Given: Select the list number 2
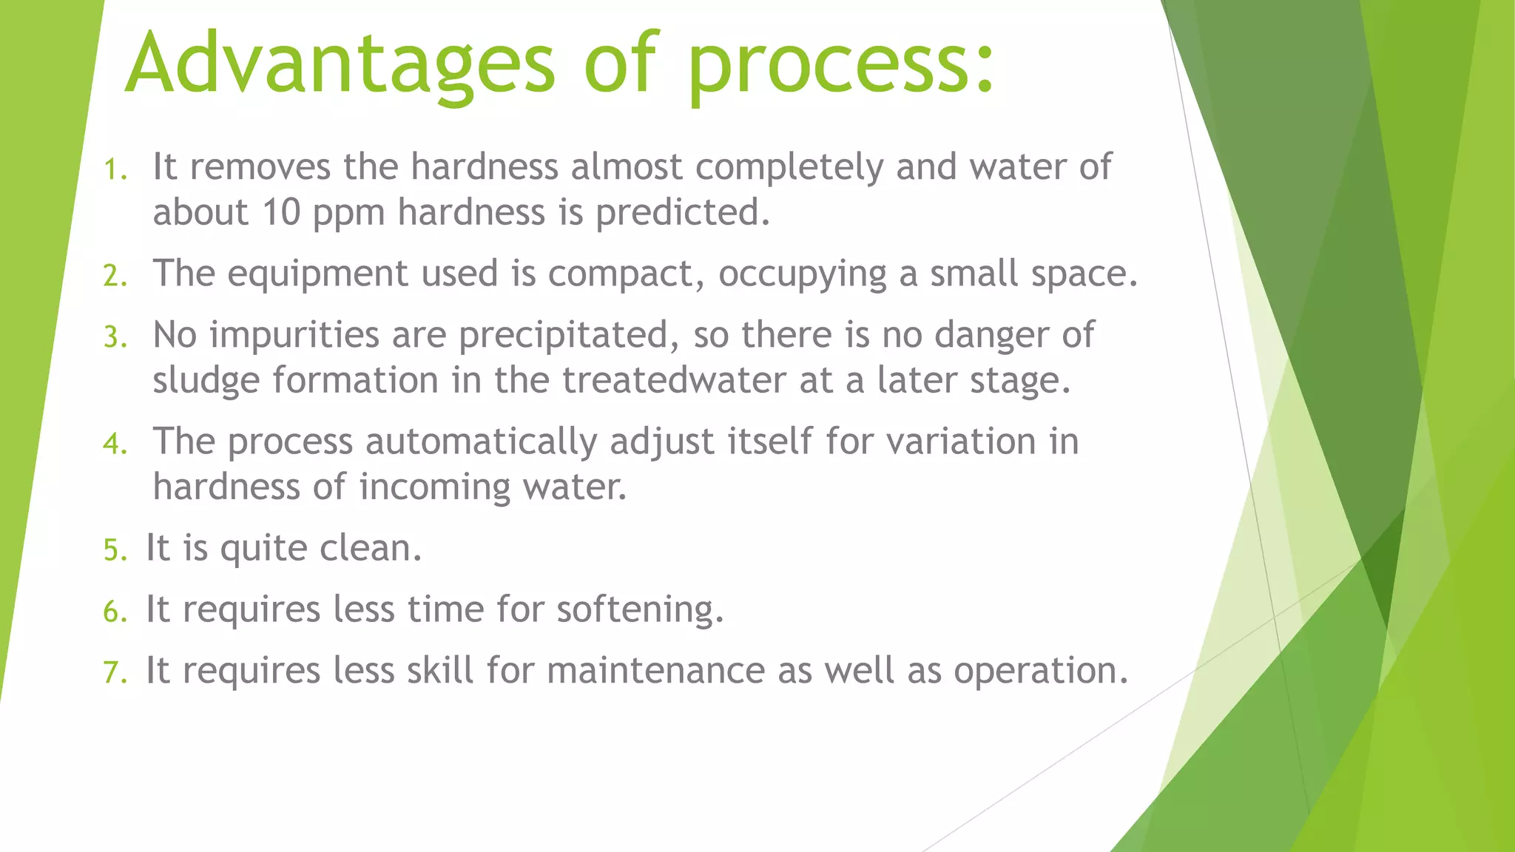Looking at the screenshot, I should click(x=115, y=277).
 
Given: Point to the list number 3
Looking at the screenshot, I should click(x=115, y=338).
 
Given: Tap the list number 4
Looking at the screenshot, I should click(x=115, y=444).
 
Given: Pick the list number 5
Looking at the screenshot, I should click(x=115, y=551).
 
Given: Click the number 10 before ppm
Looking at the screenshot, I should click(x=280, y=213).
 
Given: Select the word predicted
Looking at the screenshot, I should click(x=682, y=213).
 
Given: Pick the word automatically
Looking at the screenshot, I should click(x=481, y=443).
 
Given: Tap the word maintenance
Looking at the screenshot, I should click(x=655, y=672).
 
